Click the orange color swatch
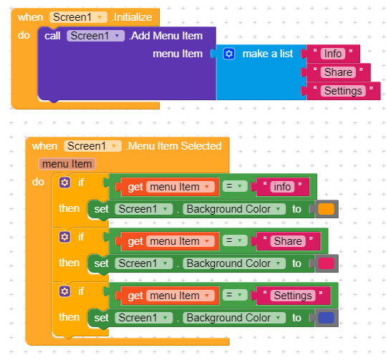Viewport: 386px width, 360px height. [x=326, y=209]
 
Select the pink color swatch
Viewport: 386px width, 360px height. [x=326, y=263]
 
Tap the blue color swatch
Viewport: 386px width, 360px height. [x=326, y=318]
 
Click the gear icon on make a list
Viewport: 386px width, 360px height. [x=229, y=54]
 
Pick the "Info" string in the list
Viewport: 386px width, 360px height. [x=333, y=54]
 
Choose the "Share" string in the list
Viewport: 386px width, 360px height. [x=338, y=72]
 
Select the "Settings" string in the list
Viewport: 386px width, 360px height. [x=343, y=91]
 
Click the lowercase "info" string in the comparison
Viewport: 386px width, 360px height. [x=282, y=187]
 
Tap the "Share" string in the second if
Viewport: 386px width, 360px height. [x=288, y=241]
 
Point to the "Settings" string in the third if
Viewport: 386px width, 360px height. [x=293, y=296]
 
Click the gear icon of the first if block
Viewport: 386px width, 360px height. [x=64, y=183]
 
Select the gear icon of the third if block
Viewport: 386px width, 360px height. [x=64, y=291]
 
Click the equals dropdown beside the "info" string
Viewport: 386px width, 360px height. [x=235, y=186]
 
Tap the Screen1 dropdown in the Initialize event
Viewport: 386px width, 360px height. [x=78, y=17]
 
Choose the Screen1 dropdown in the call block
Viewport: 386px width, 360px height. [x=95, y=36]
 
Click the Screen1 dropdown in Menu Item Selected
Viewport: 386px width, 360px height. [x=92, y=146]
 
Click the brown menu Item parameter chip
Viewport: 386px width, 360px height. [x=67, y=164]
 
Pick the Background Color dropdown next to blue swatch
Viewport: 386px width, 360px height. [x=234, y=318]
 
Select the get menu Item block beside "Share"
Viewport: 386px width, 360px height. [x=170, y=241]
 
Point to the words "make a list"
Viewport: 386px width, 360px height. [x=268, y=54]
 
